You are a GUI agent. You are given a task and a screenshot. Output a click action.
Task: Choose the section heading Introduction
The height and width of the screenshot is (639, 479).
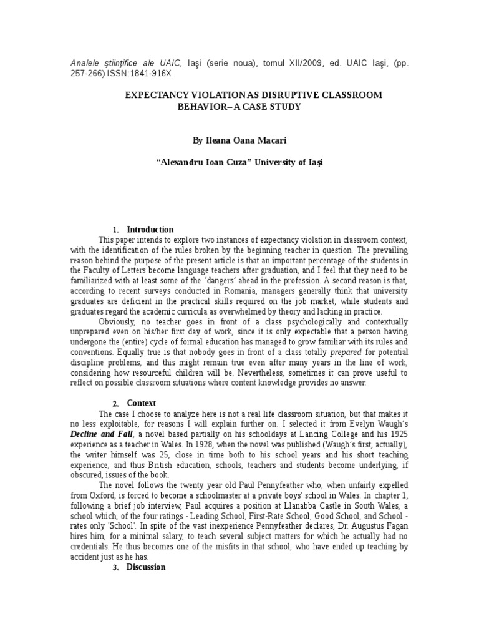pyautogui.click(x=150, y=229)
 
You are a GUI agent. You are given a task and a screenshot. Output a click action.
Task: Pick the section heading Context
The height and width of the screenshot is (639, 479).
pyautogui.click(x=141, y=403)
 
